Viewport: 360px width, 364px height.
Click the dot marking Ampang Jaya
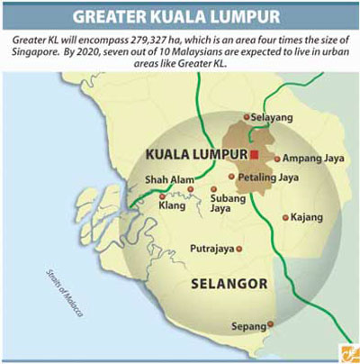[277, 158]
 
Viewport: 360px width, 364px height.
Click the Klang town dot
[162, 196]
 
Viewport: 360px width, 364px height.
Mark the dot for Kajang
[285, 217]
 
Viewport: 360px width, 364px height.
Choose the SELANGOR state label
[229, 285]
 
